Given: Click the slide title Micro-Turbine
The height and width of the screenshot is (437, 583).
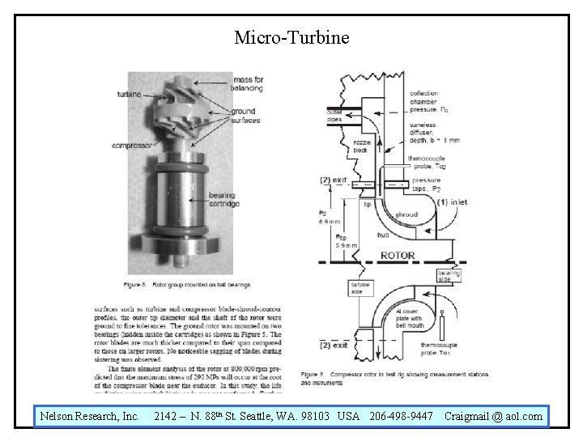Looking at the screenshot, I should [291, 37].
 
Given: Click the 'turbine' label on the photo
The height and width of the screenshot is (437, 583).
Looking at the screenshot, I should [128, 95].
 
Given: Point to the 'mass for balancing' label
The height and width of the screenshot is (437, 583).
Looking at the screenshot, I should [247, 83].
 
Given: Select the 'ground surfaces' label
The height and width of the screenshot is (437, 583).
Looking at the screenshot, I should [243, 116].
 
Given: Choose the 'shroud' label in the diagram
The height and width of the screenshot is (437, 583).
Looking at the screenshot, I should [406, 214].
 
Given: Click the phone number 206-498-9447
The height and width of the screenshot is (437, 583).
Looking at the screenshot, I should [400, 417].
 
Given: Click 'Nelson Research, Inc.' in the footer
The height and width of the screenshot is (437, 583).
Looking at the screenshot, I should [90, 417].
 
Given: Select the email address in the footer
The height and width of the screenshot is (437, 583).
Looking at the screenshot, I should [493, 417].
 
